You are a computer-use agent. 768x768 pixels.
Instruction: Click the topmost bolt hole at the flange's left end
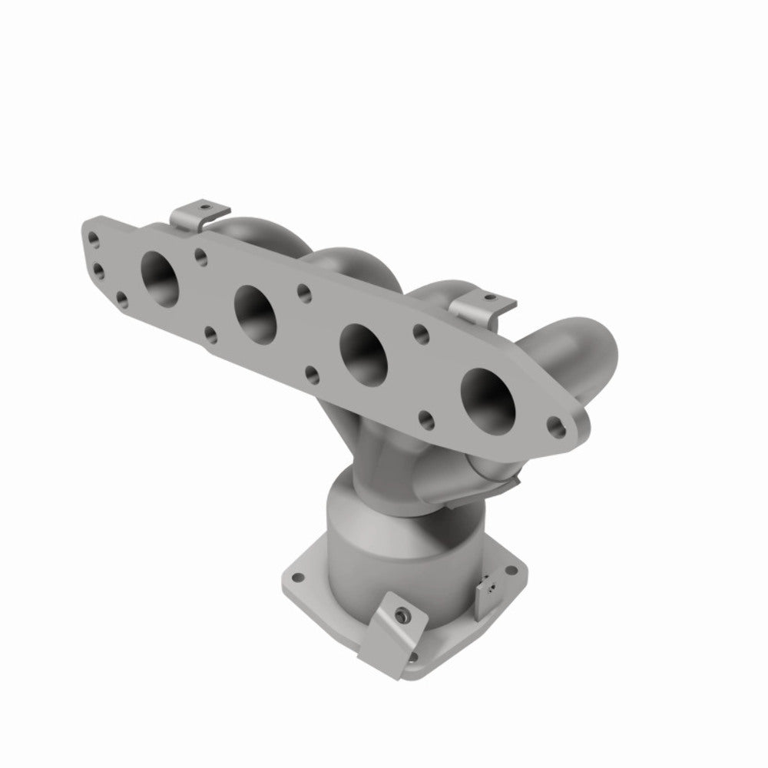(93, 239)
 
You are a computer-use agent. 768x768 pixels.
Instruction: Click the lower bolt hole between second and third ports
(311, 375)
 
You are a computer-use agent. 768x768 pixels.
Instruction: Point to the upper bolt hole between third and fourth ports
(419, 333)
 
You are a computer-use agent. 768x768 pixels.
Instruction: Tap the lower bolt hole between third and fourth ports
(427, 418)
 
